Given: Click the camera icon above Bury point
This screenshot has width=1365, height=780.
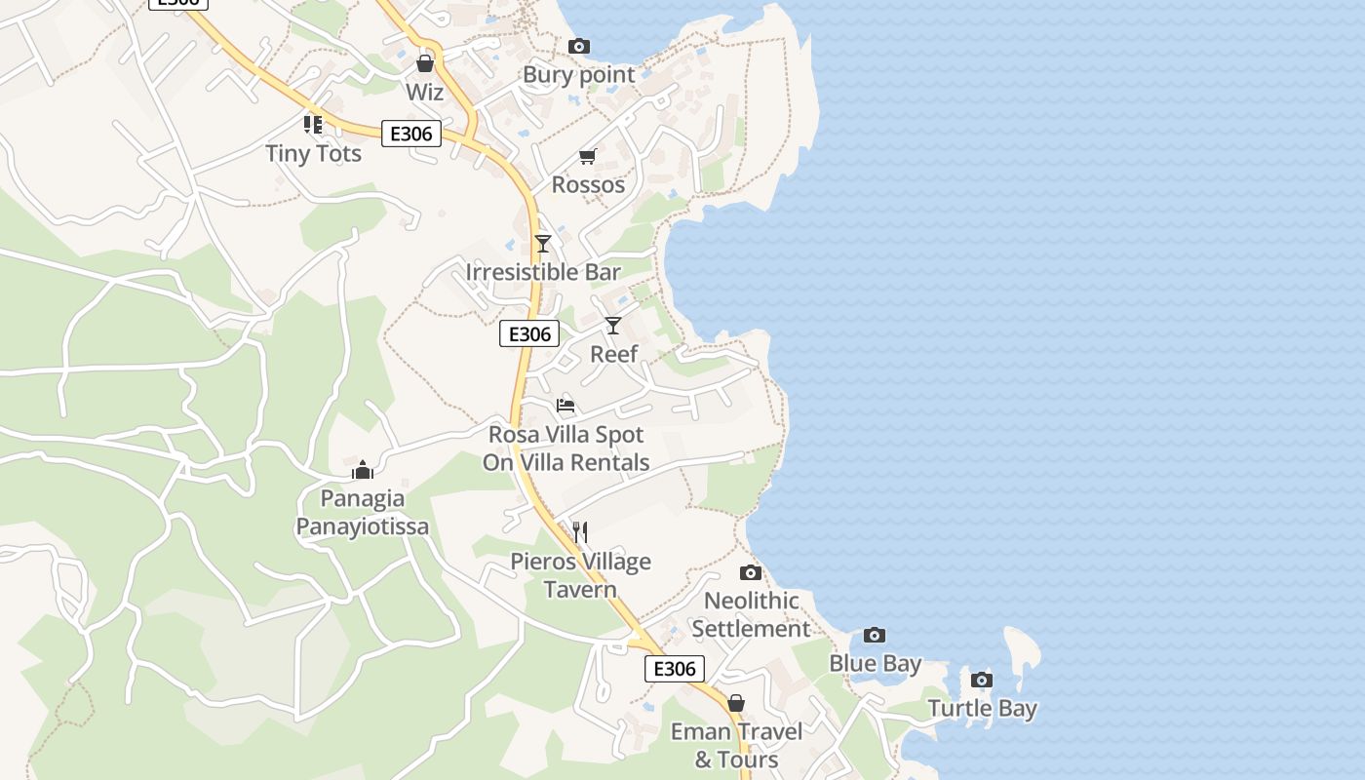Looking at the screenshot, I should click(578, 46).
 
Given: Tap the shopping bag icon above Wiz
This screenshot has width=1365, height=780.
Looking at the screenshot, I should click(424, 64).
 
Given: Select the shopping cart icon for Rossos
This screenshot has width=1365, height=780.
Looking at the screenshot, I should click(587, 156).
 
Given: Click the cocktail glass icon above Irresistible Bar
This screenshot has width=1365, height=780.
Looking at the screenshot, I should click(543, 244).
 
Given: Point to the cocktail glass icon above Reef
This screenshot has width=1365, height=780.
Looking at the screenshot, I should click(613, 326).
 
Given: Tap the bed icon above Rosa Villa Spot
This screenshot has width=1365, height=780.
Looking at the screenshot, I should click(565, 406).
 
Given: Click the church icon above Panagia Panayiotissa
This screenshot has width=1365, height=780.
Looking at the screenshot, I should click(363, 471).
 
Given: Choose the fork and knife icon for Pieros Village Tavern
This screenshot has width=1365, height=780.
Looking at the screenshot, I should click(580, 531).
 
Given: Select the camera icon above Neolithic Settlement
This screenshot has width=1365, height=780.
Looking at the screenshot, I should click(750, 572).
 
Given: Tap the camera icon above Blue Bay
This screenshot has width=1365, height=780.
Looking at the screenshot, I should click(875, 636).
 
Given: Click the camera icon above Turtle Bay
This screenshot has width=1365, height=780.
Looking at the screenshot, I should click(982, 680).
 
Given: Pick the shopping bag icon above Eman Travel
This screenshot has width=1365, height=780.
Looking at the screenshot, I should click(736, 703).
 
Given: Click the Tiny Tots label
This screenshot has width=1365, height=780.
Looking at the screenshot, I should click(313, 154).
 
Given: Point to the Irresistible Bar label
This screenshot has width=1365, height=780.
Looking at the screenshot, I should click(543, 272).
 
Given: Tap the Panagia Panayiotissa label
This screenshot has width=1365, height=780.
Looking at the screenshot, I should click(363, 513).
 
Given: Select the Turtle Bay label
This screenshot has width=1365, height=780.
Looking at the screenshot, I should click(982, 708).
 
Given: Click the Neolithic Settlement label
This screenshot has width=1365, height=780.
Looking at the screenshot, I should click(751, 614).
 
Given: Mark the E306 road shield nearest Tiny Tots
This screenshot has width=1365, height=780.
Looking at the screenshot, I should click(410, 134).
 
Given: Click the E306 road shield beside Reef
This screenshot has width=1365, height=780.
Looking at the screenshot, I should click(529, 334).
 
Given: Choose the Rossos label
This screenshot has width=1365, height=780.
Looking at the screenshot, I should click(588, 184).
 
